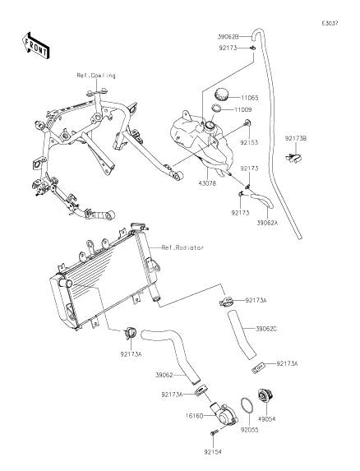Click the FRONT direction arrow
coord(35,45)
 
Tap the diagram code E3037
coord(330,24)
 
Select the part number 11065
coord(250,98)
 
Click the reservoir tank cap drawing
coord(222,94)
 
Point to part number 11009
coord(243,109)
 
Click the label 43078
coord(207,183)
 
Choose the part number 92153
coord(249,142)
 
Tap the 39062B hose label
coord(228,37)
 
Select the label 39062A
coord(267,223)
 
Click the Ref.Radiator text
coord(182,247)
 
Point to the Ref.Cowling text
coord(96,75)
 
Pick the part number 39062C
coord(266,329)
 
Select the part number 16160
coord(194,416)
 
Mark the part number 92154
coord(213,452)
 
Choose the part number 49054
coord(266,419)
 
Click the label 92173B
coord(296,139)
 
